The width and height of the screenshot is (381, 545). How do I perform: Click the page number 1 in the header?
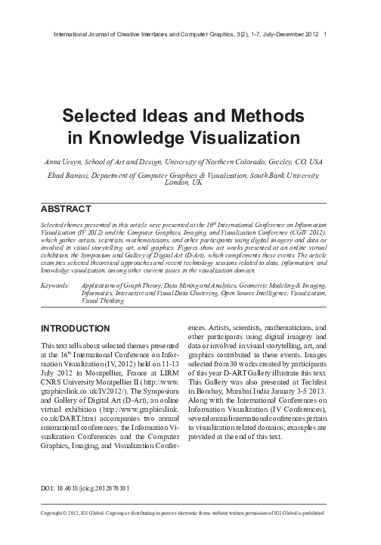tap(324, 33)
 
